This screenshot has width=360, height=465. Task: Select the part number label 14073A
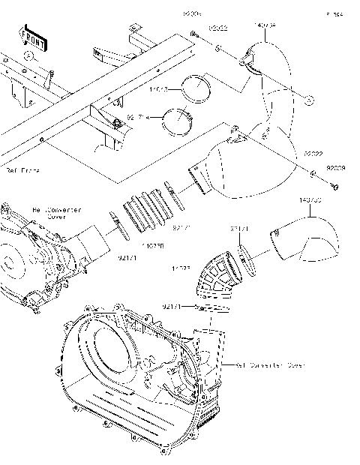pyautogui.click(x=266, y=26)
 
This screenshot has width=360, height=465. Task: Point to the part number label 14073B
pyautogui.click(x=310, y=201)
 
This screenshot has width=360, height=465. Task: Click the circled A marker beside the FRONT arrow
pyautogui.click(x=28, y=55)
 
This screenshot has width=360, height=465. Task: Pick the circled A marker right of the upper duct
pyautogui.click(x=308, y=98)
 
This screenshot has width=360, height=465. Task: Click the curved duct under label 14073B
pyautogui.click(x=304, y=240)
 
